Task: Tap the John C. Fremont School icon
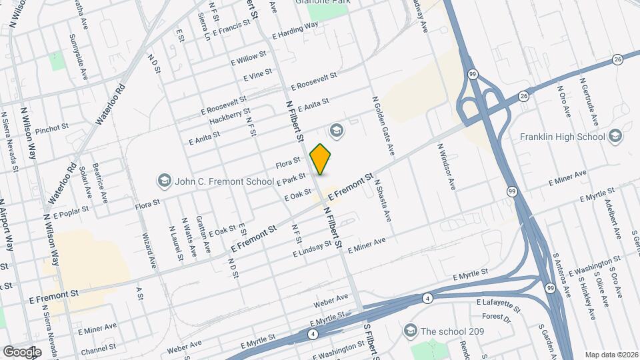point(163,181)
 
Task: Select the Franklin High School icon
point(615,137)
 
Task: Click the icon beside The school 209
point(410,331)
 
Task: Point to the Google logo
point(22,351)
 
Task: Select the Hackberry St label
point(229,116)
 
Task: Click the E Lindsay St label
point(312,249)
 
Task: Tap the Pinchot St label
point(52,128)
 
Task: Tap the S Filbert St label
point(367,341)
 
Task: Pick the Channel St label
point(98,347)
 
